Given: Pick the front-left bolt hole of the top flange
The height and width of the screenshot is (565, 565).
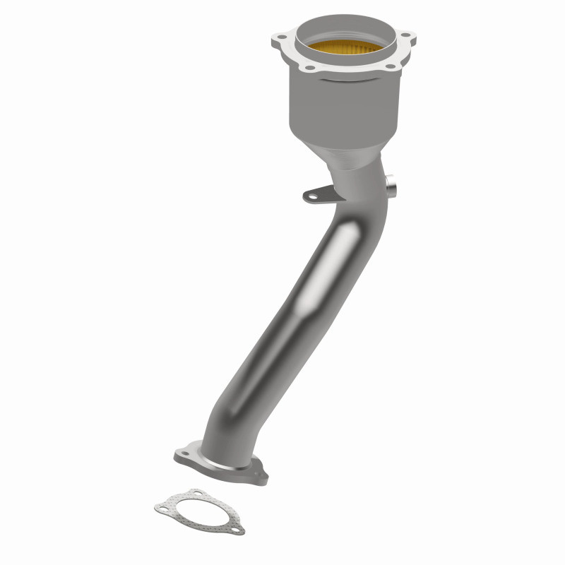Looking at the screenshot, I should tap(306, 68).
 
